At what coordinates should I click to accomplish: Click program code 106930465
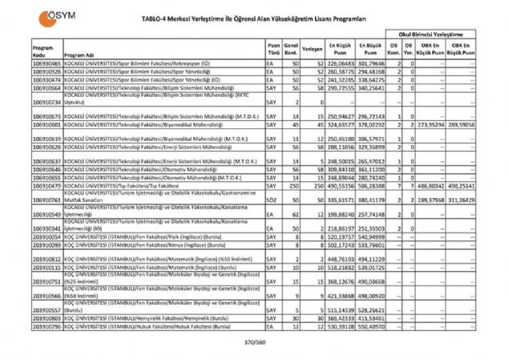(x=46, y=63)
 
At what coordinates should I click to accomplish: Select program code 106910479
(x=46, y=184)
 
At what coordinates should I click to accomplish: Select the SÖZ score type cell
(x=273, y=201)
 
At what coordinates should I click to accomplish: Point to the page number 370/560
(x=254, y=342)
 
